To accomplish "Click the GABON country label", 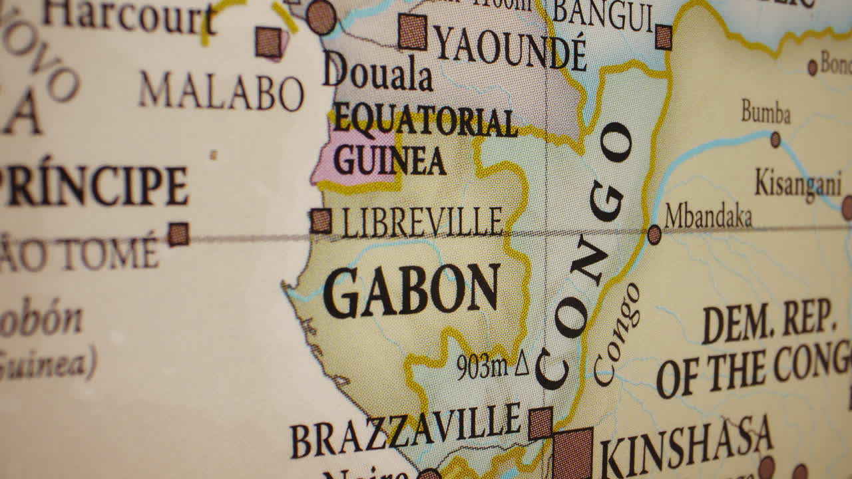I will click(x=411, y=291).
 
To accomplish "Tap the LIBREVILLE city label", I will click(x=422, y=222).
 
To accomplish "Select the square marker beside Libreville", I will click(x=321, y=221).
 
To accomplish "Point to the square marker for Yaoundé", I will click(x=413, y=31).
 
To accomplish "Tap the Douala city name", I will click(x=377, y=74).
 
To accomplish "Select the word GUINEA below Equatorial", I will click(x=389, y=160).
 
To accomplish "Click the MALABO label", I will click(x=222, y=92).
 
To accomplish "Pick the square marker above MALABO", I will click(x=269, y=42).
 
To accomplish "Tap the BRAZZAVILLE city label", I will click(x=405, y=430).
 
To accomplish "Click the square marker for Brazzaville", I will click(x=540, y=423).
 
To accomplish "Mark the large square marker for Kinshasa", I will click(x=572, y=454).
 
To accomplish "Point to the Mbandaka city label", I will click(x=708, y=216).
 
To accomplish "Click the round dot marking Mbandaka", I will click(x=654, y=234).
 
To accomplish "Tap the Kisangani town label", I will click(x=798, y=183).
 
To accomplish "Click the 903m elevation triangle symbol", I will click(x=521, y=364).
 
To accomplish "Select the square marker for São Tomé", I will click(x=178, y=234).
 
